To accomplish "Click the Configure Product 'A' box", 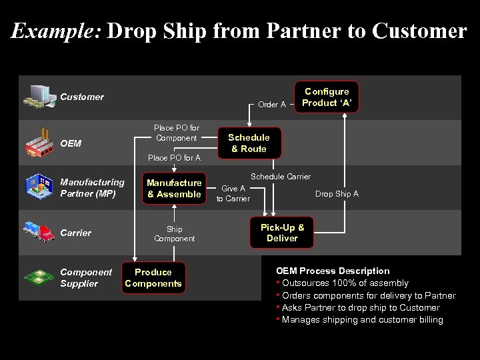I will coord(327,97).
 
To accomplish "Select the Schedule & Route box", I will coord(249,143).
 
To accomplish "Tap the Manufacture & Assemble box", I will coord(174,189).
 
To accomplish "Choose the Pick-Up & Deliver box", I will coord(282,233).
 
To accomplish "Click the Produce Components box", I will coord(153,278).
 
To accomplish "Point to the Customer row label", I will coord(82,97).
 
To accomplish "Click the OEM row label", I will coord(71,143).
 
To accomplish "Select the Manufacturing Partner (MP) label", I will coord(92,188).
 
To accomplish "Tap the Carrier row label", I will coord(75,233).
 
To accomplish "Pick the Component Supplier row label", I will coord(86,278).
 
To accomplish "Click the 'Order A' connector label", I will coord(272,105).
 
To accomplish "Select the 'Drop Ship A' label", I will coord(337,194).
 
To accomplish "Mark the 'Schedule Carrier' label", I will coord(280,177).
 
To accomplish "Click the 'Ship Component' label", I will coord(174,234).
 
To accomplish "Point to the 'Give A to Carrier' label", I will coord(233,193).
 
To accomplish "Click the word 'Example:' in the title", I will coord(55,31).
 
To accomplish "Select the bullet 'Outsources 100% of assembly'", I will coord(345,283).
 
